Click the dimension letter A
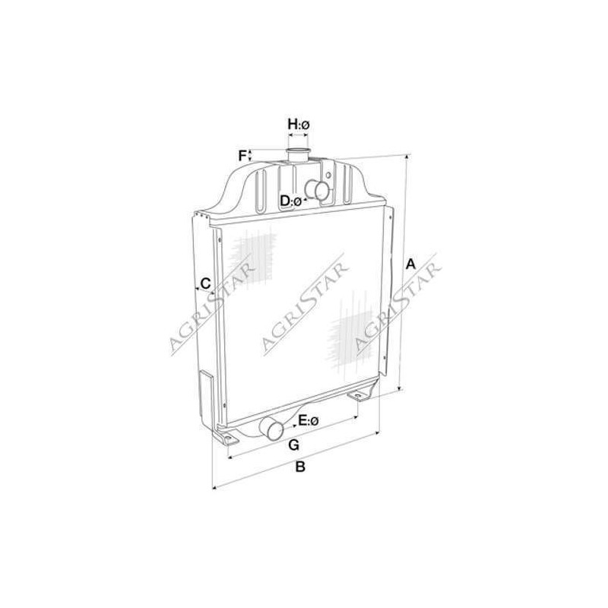tap(410, 264)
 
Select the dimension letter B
tap(300, 467)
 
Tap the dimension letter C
tap(205, 283)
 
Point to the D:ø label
tap(291, 201)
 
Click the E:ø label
tap(309, 420)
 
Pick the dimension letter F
tap(242, 156)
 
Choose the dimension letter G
tap(294, 445)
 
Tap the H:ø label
tap(299, 125)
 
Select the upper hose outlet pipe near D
tap(318, 190)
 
